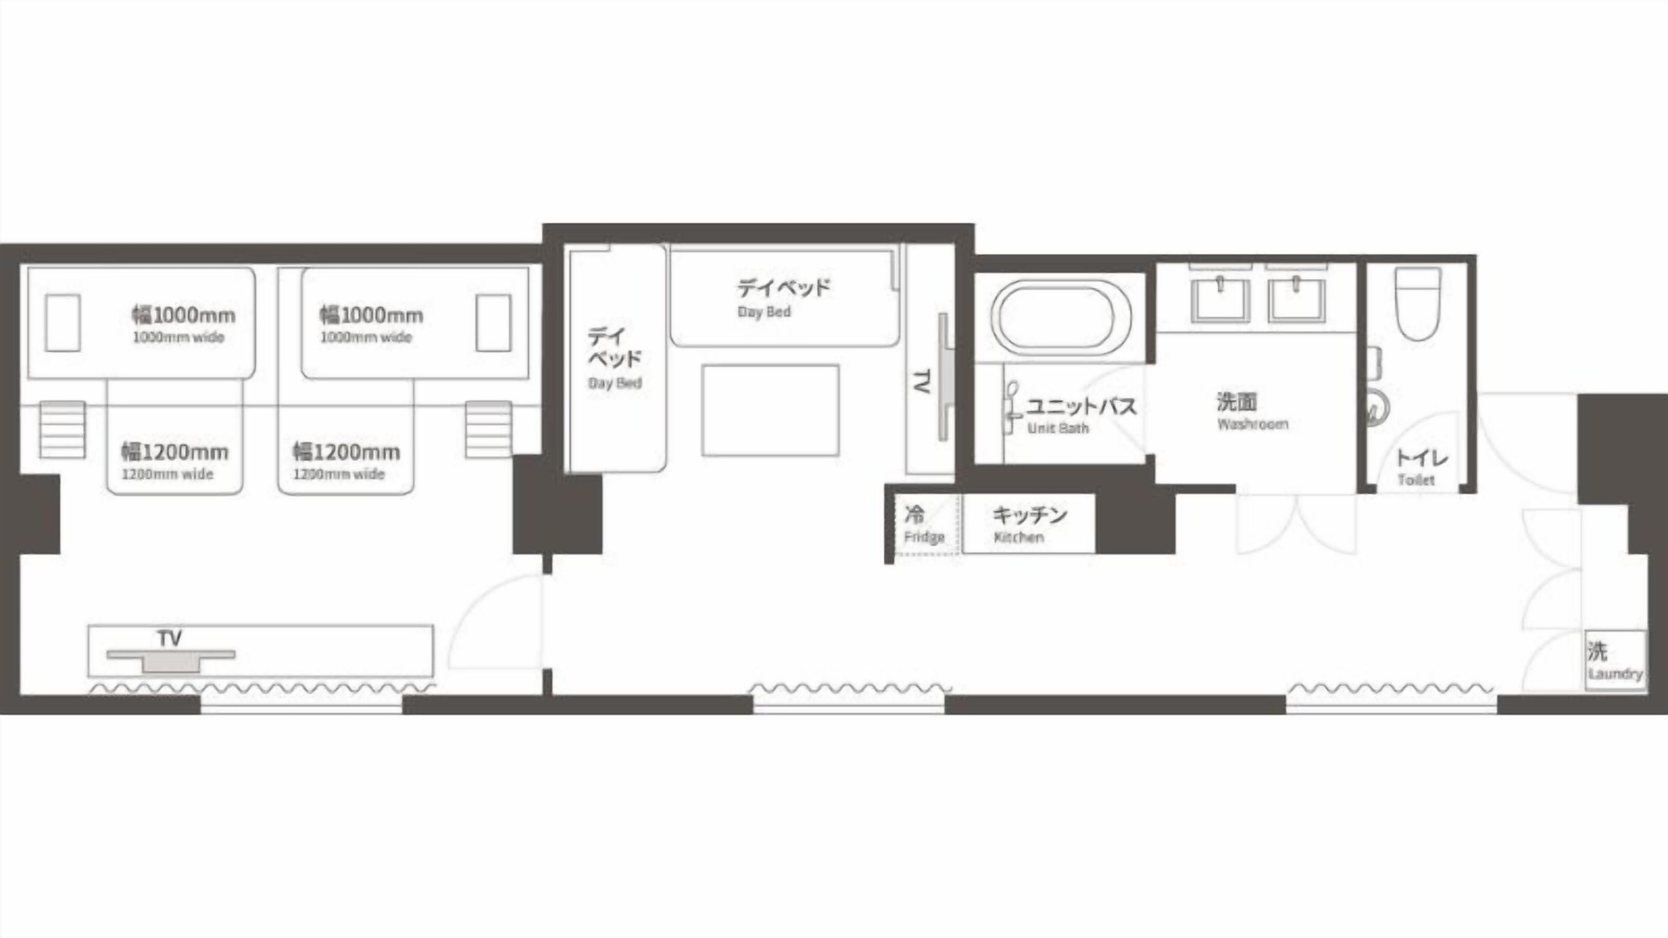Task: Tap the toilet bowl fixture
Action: pos(1418,304)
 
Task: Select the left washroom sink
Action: pos(1220,299)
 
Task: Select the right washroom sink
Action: pos(1296,299)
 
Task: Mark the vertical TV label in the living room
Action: pos(922,381)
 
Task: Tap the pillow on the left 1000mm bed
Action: pos(63,323)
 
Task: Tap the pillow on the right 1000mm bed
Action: pos(494,323)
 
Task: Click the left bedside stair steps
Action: pos(62,429)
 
